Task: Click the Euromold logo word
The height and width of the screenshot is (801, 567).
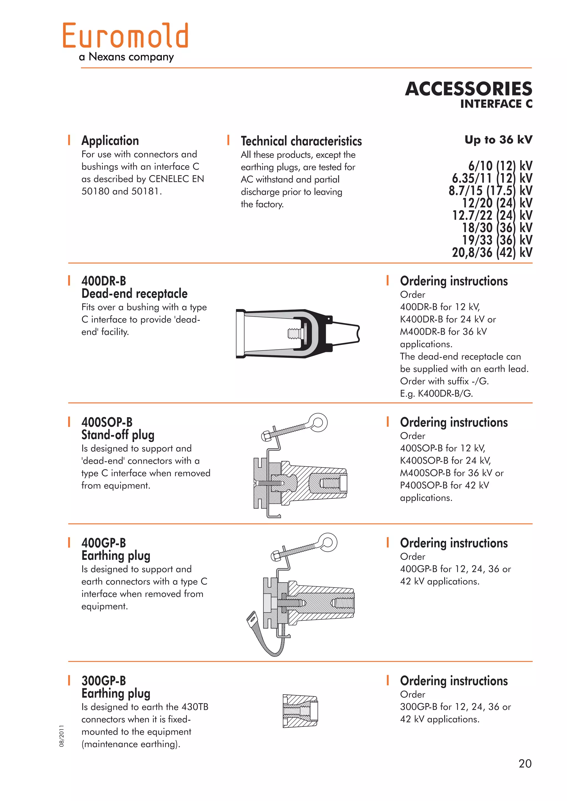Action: coord(126,36)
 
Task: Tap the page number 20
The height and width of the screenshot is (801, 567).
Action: coord(525,763)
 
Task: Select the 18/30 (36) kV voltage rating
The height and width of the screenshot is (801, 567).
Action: coord(497,228)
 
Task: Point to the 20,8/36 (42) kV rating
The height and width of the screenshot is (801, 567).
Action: coord(492,253)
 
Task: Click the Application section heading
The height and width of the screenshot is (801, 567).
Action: coord(110,141)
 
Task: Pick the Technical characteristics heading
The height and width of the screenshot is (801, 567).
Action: coord(301,141)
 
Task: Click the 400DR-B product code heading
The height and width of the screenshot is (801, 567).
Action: coord(104,281)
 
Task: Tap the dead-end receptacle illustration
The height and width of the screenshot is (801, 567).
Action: coord(297,334)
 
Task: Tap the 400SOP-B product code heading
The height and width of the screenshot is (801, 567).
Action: coord(107,422)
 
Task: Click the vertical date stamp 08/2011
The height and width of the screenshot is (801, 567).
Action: coord(62,736)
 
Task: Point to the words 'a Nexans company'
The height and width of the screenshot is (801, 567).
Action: coord(127,57)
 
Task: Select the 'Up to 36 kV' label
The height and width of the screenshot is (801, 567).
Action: coord(498,140)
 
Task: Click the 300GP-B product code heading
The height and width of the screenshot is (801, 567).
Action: coord(104,681)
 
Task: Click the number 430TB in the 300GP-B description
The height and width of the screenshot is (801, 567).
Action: coord(195,707)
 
